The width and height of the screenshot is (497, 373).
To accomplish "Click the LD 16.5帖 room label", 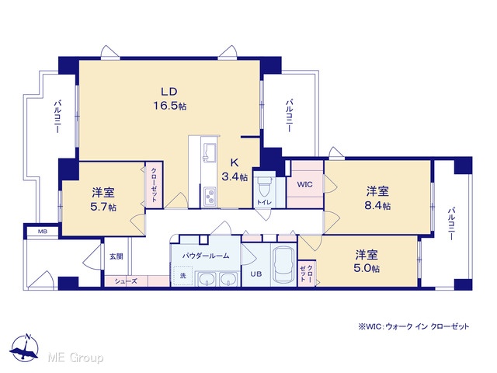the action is pyautogui.click(x=169, y=99).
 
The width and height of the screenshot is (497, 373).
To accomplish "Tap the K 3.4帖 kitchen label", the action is pyautogui.click(x=235, y=169).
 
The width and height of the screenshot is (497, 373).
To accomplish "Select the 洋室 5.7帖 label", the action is pyautogui.click(x=103, y=200).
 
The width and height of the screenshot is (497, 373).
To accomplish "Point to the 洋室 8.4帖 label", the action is pyautogui.click(x=377, y=199).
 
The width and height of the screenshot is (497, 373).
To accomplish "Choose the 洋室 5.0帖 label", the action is pyautogui.click(x=367, y=261).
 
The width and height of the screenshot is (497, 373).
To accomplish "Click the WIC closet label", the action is pyautogui.click(x=304, y=185).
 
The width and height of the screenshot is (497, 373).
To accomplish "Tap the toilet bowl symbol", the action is pyautogui.click(x=264, y=186).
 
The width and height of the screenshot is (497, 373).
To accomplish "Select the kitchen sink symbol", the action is pyautogui.click(x=209, y=152).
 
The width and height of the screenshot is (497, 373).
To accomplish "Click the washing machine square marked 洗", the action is pyautogui.click(x=183, y=276).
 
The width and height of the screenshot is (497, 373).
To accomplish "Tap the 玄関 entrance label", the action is pyautogui.click(x=116, y=256).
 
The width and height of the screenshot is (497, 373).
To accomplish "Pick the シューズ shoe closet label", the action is pyautogui.click(x=126, y=281).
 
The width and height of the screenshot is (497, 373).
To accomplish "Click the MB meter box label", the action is pyautogui.click(x=43, y=232).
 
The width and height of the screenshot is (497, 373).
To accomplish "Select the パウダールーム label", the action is pyautogui.click(x=206, y=256).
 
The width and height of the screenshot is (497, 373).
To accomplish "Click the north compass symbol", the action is pyautogui.click(x=24, y=348).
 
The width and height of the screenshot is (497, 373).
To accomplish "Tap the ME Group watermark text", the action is pyautogui.click(x=75, y=357).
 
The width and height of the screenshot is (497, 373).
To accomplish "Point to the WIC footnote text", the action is pyautogui.click(x=414, y=326).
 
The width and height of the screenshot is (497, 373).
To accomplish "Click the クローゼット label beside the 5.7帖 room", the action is pyautogui.click(x=154, y=185).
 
